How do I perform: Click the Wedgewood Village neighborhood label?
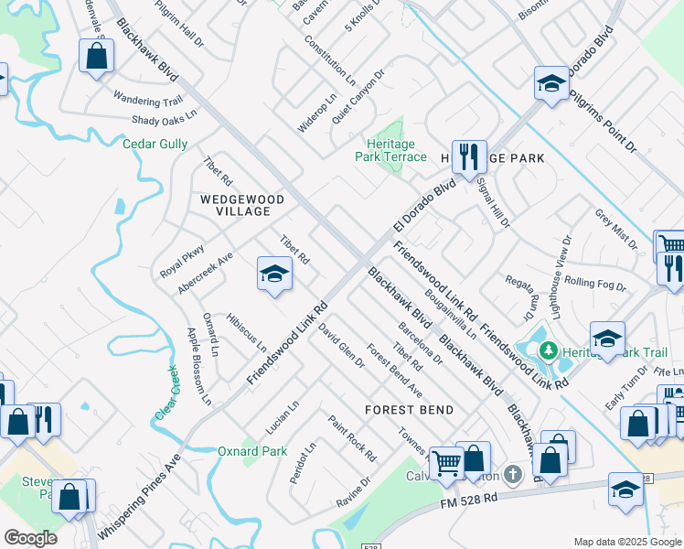pyautogui.click(x=236, y=205)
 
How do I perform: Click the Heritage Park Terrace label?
pyautogui.click(x=390, y=150)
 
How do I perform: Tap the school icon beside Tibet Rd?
pyautogui.click(x=274, y=274)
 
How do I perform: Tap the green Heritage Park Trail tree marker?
pyautogui.click(x=549, y=350)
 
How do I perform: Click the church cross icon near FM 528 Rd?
pyautogui.click(x=513, y=474)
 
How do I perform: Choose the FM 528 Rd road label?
pyautogui.click(x=467, y=499)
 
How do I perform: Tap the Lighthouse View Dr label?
pyautogui.click(x=565, y=270)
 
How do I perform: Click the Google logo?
pyautogui.click(x=30, y=538)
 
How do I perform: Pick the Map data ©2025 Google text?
pyautogui.click(x=625, y=542)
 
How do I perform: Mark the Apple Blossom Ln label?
pyautogui.click(x=198, y=366)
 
